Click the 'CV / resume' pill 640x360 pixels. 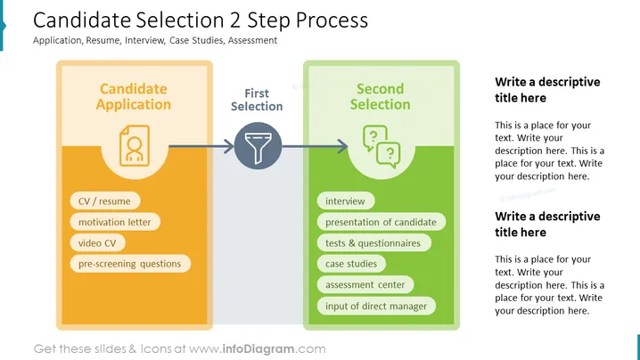(105, 200)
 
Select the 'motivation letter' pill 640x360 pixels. (115, 222)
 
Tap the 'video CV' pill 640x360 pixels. (97, 243)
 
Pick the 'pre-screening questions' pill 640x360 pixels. (130, 264)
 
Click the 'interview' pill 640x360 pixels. (345, 200)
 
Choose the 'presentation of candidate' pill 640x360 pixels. (381, 222)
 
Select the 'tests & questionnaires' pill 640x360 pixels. (373, 243)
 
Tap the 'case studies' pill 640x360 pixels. (351, 264)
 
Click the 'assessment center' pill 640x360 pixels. (365, 284)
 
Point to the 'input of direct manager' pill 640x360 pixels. (376, 306)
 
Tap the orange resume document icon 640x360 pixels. (135, 146)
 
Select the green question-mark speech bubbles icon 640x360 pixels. (382, 146)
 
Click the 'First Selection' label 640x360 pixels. (257, 100)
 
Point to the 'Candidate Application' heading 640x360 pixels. (134, 96)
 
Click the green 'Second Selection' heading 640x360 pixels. (381, 96)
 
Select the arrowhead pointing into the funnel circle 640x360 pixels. (229, 146)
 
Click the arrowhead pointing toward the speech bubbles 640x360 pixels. (342, 146)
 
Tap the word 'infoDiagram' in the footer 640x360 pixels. (258, 349)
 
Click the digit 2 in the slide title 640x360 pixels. (234, 20)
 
